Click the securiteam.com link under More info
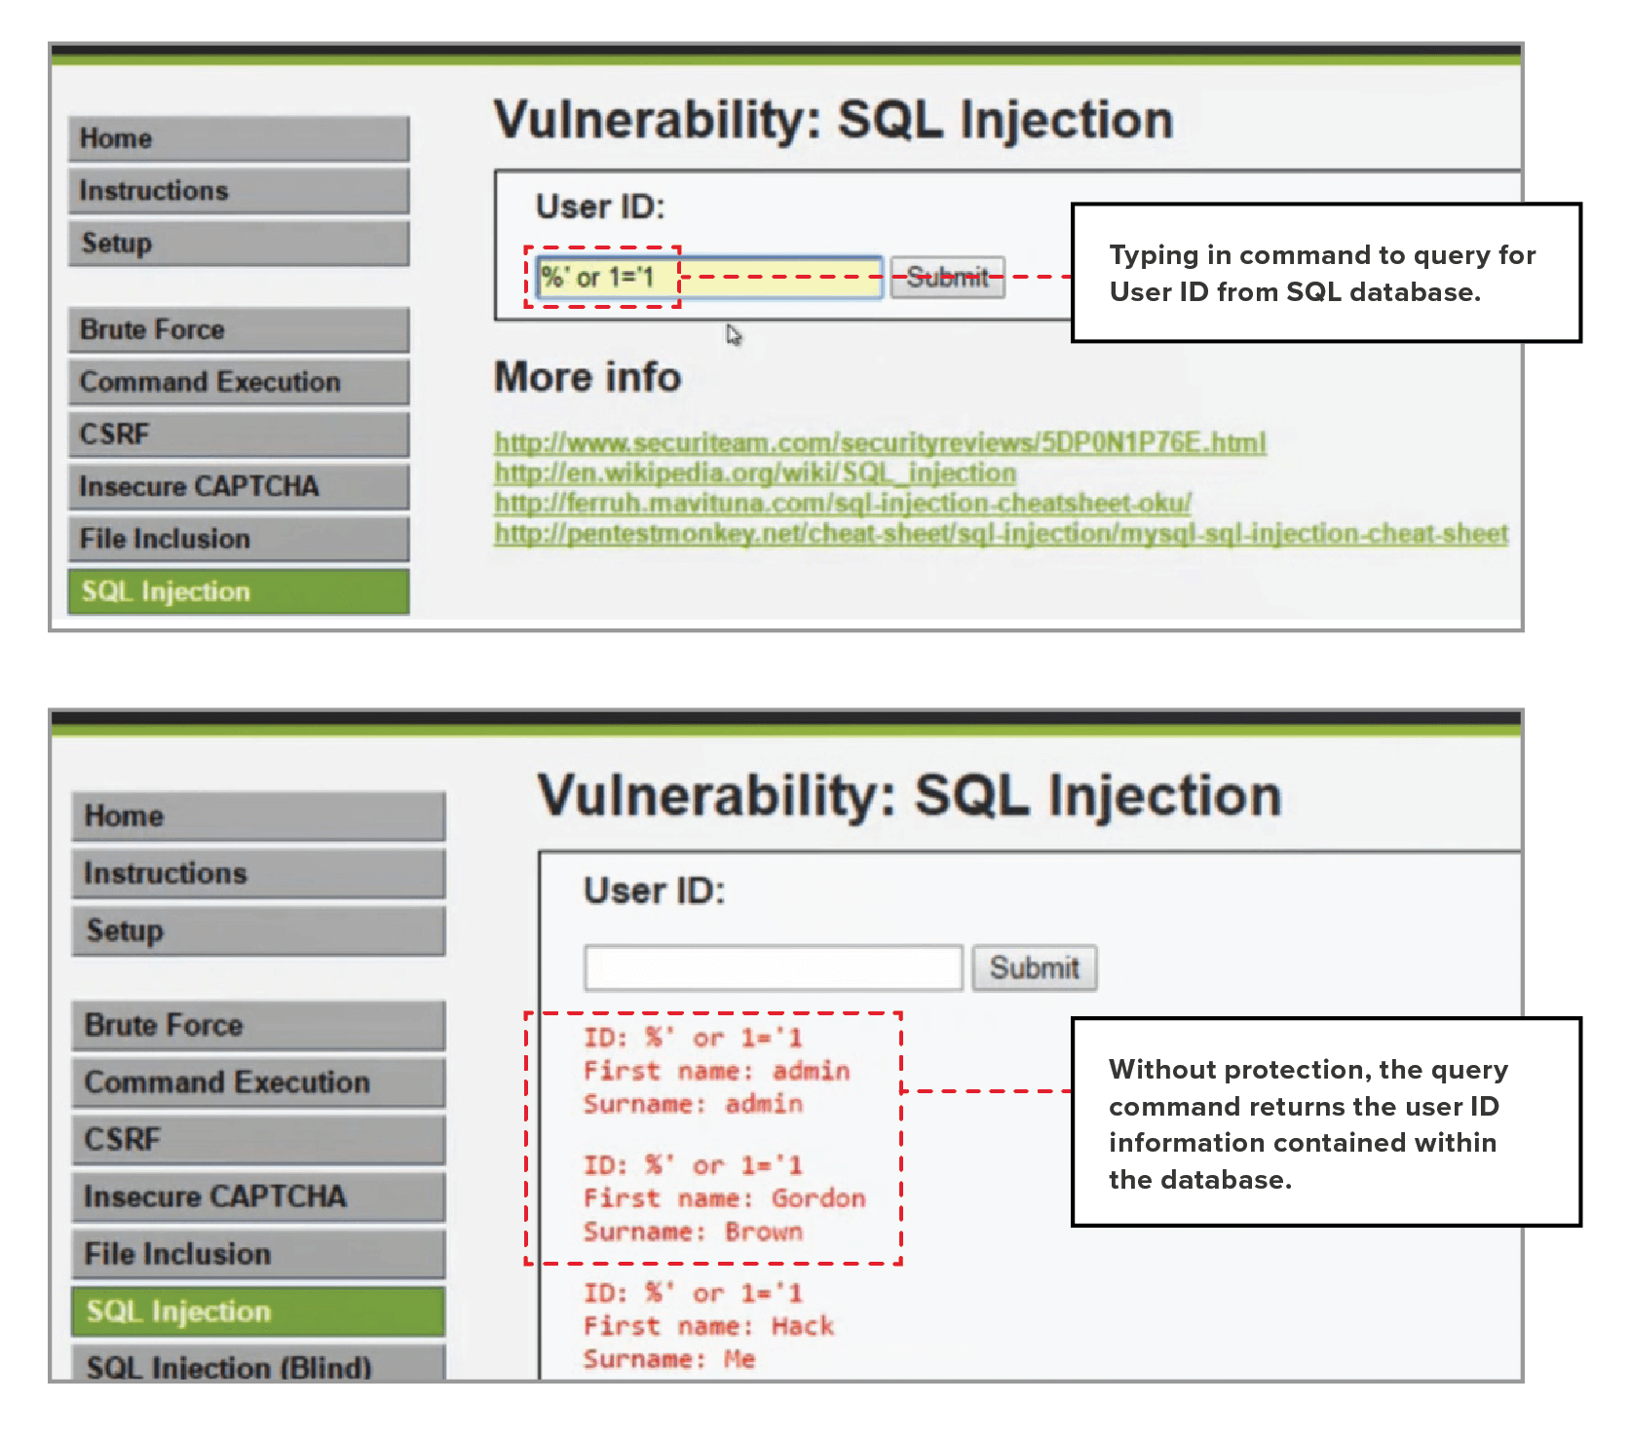pos(880,443)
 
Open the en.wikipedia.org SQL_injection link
pos(755,474)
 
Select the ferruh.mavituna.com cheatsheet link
pos(843,504)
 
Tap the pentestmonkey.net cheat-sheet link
pos(1001,534)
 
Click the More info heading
pos(588,378)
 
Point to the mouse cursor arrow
pos(734,335)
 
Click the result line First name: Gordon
pos(724,1198)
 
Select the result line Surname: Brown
pos(693,1232)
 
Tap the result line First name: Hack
pos(708,1326)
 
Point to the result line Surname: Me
pos(669,1359)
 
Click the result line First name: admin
pos(716,1071)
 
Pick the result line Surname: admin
pos(693,1104)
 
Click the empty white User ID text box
pos(774,968)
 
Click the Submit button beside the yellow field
pos(947,278)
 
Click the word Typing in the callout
pos(1154,256)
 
